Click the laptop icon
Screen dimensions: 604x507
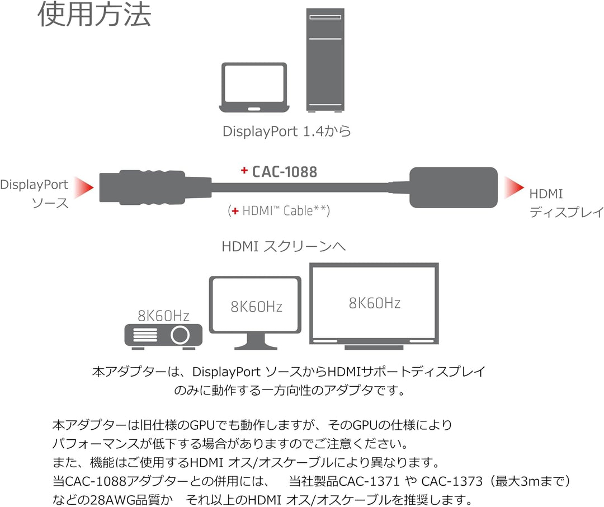(254, 87)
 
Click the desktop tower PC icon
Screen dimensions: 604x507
(325, 60)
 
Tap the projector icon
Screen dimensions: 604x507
(163, 336)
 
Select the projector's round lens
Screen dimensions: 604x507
(180, 335)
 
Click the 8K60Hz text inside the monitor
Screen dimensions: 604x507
(257, 307)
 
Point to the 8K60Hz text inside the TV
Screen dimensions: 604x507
(374, 303)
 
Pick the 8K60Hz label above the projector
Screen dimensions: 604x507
(163, 316)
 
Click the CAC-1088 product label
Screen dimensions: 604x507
(284, 172)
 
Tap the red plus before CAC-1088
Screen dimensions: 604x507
(244, 170)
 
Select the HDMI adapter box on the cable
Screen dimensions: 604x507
(454, 188)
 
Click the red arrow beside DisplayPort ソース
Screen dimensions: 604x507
(83, 188)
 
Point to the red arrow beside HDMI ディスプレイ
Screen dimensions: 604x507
(514, 188)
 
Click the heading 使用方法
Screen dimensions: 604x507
(95, 15)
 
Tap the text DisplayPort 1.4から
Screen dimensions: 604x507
(287, 131)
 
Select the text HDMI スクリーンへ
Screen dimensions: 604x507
(284, 246)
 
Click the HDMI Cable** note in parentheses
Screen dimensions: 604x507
(279, 210)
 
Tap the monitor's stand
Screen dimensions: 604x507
(256, 341)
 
